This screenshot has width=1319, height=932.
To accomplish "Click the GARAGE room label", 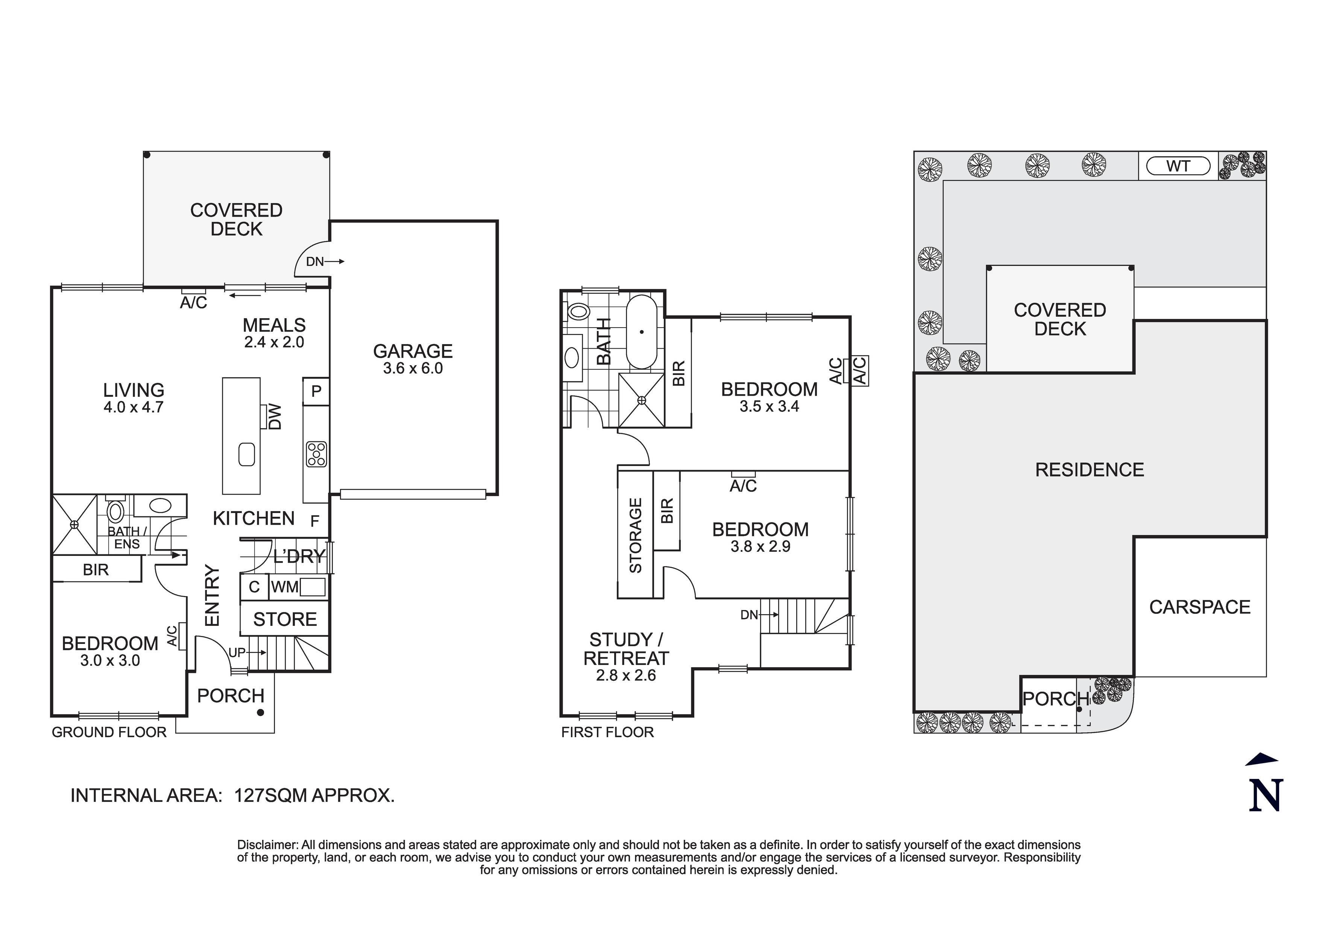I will pyautogui.click(x=413, y=351).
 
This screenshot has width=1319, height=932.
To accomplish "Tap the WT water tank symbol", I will pyautogui.click(x=1178, y=167).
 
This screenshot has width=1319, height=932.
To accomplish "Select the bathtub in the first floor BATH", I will pyautogui.click(x=642, y=332).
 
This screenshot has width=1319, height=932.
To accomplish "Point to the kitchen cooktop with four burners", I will pyautogui.click(x=316, y=454).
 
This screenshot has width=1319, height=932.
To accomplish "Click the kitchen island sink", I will pyautogui.click(x=246, y=454).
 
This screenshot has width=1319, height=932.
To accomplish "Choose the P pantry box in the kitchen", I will pyautogui.click(x=316, y=391).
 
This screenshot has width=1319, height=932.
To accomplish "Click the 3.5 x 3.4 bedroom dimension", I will pyautogui.click(x=769, y=406).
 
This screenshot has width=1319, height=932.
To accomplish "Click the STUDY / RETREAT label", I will pyautogui.click(x=626, y=649).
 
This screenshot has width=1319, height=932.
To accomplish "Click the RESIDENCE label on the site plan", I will pyautogui.click(x=1089, y=470).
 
